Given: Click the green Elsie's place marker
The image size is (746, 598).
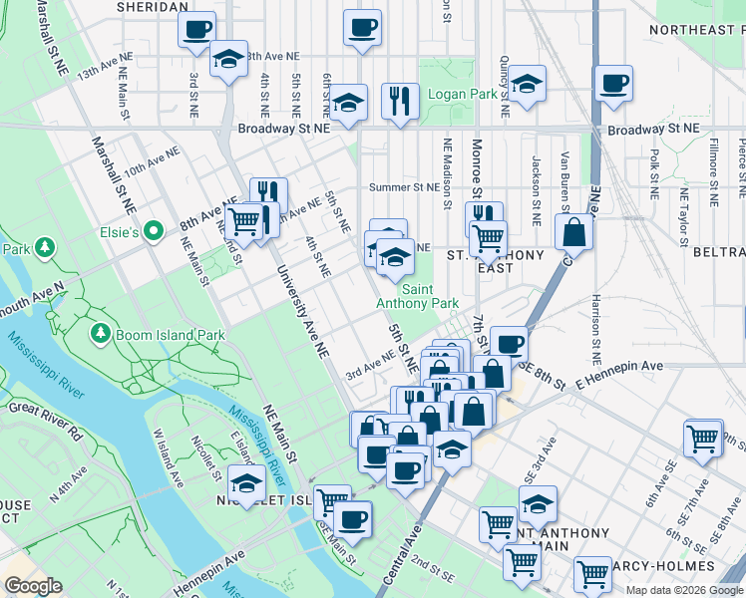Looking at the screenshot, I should click(153, 232).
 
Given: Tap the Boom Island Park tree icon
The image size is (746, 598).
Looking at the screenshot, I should click(100, 331).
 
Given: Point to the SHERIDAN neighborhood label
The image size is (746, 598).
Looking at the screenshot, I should click(153, 6).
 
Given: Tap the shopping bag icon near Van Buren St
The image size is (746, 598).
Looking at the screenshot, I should click(574, 232).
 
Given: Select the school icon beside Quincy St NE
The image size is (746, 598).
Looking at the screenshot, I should click(528, 85).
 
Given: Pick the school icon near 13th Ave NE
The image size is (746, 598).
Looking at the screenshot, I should click(228, 59).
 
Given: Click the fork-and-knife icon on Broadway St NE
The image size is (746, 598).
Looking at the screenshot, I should click(399, 100).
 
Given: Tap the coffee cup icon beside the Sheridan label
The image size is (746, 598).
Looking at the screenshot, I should click(197, 28).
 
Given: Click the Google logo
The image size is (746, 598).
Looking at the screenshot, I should click(33, 586).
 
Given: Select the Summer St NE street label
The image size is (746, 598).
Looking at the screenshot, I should click(404, 186).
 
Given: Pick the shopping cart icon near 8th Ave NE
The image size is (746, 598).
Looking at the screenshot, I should click(242, 220).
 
